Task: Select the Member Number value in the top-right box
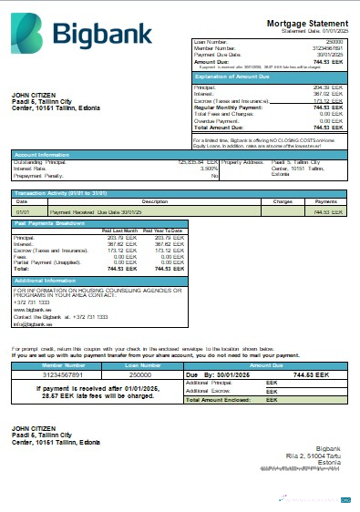pyautogui.click(x=326, y=47)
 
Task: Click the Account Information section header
pyautogui.click(x=42, y=155)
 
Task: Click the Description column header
pyautogui.click(x=155, y=201)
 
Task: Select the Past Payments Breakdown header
pyautogui.click(x=50, y=223)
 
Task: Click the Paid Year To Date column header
pyautogui.click(x=170, y=230)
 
